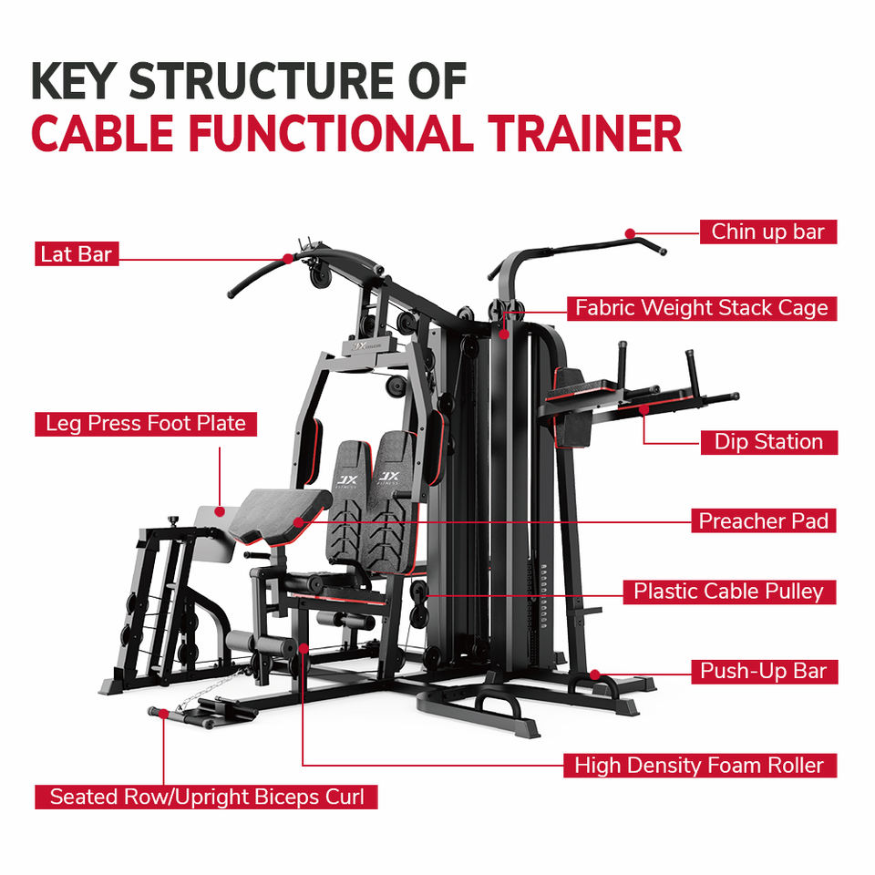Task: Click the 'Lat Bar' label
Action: click(x=77, y=254)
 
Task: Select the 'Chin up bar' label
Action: click(x=767, y=232)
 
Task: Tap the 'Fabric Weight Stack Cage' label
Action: click(x=702, y=308)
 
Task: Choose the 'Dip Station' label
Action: click(x=768, y=442)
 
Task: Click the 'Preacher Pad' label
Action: click(x=764, y=520)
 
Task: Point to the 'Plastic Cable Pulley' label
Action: click(x=729, y=592)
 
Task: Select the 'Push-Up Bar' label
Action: click(x=764, y=672)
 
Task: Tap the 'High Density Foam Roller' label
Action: click(x=699, y=765)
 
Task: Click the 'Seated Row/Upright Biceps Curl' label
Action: click(x=207, y=797)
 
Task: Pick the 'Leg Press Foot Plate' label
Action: click(x=146, y=424)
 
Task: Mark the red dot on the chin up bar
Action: click(x=630, y=233)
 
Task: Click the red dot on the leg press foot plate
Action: click(x=220, y=511)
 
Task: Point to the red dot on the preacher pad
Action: click(x=299, y=522)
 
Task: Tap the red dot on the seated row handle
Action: click(x=163, y=713)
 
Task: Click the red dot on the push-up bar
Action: click(x=595, y=674)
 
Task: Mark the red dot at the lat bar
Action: click(x=287, y=258)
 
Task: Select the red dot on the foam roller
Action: click(x=303, y=648)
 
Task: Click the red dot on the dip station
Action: click(x=644, y=410)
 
